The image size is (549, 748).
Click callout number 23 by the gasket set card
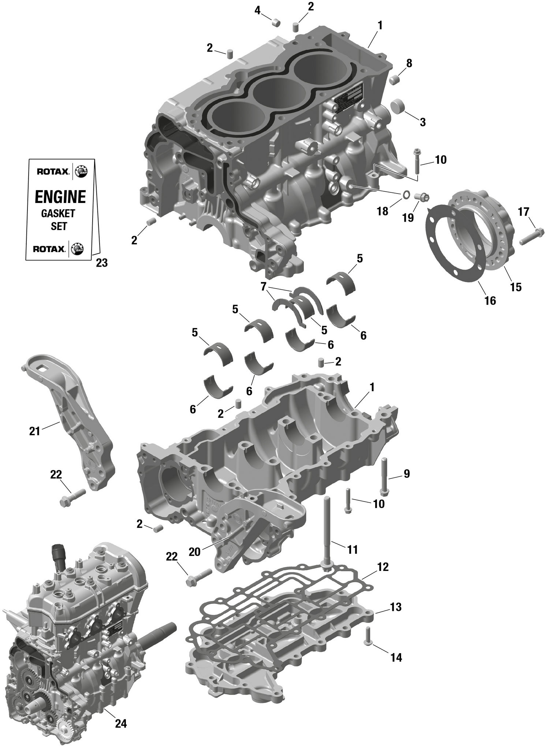102,263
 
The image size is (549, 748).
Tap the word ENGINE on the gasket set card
60,197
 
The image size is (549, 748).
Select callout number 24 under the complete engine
121,723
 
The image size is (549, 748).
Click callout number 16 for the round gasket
490,301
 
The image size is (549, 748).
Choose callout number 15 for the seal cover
516,287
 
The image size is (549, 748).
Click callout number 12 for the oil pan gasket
383,567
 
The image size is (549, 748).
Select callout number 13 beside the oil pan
396,607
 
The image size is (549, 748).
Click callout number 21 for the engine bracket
34,432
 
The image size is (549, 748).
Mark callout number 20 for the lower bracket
195,552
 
